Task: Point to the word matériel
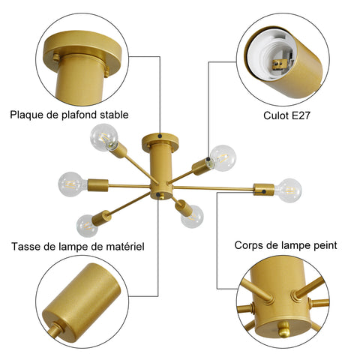[125, 247]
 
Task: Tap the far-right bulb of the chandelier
[289, 190]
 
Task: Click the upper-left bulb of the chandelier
[104, 137]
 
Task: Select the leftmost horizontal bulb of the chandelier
[71, 184]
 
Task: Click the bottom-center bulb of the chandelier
[192, 217]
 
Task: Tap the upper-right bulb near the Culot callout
[222, 158]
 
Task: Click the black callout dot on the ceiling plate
[160, 136]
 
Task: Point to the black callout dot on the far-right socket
[264, 192]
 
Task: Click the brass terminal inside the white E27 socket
[278, 65]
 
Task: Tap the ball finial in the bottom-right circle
[283, 329]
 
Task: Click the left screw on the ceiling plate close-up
[56, 57]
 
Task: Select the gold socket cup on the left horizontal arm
[98, 185]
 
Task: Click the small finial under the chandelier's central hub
[162, 196]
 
